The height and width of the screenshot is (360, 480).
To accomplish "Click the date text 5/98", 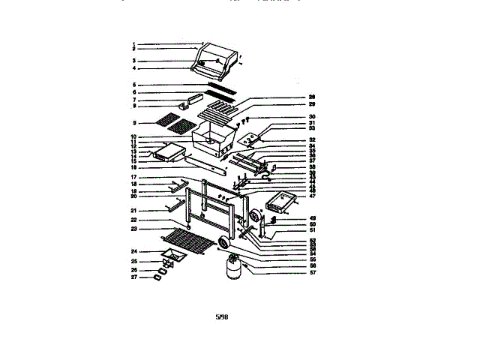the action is [221, 317].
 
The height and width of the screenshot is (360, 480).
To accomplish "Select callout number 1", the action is [133, 43].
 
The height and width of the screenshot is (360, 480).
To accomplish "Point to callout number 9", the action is [133, 123].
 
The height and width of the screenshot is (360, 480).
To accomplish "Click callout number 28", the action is [311, 97].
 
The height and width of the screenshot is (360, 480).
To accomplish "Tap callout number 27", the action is [133, 277].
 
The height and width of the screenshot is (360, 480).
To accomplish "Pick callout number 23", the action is [133, 229].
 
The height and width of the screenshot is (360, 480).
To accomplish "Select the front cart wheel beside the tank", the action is [225, 242].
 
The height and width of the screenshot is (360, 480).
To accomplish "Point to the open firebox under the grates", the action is [214, 139].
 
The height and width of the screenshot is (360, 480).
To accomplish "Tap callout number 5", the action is [133, 85].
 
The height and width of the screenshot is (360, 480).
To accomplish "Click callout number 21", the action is [133, 210].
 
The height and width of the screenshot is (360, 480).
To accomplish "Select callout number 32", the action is [311, 139].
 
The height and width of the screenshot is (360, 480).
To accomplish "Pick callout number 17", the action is [133, 177].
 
